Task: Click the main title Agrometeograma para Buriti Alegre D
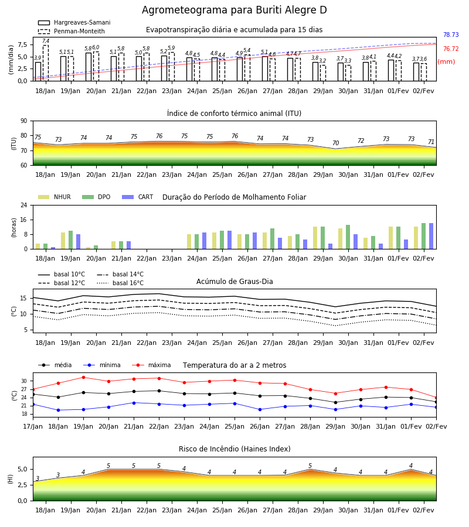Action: (x=234, y=10)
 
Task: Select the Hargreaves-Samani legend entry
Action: (x=74, y=22)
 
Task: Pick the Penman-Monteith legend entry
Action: (x=72, y=31)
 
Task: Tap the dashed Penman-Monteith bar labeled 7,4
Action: (x=46, y=63)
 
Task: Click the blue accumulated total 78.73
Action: (x=451, y=35)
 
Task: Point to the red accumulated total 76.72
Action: (x=451, y=49)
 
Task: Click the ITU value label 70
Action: (x=335, y=143)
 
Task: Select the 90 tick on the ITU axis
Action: (x=24, y=121)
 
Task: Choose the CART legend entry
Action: (x=138, y=197)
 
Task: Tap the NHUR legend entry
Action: (x=55, y=197)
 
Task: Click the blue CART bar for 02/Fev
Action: (x=431, y=236)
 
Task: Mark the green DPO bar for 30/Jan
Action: (x=348, y=237)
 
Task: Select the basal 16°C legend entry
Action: (x=120, y=283)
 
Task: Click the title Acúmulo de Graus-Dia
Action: (x=235, y=282)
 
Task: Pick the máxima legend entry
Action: (x=151, y=365)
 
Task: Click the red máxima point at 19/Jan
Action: (x=83, y=378)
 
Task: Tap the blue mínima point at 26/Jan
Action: (x=260, y=410)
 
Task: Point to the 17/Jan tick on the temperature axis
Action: (x=33, y=426)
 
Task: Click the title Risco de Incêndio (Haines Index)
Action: (x=235, y=449)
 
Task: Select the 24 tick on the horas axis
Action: (x=24, y=205)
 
